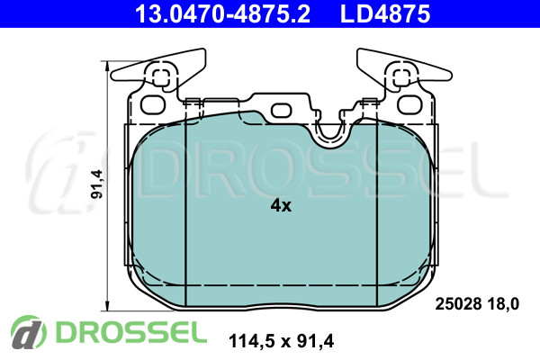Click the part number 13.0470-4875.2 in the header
[x=222, y=13]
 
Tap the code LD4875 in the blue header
[x=385, y=13]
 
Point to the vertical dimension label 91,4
[x=97, y=184]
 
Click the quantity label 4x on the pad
[x=281, y=206]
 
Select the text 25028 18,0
[x=477, y=304]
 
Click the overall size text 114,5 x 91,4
[x=281, y=341]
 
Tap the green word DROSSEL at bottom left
[x=131, y=332]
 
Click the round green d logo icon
[x=29, y=332]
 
